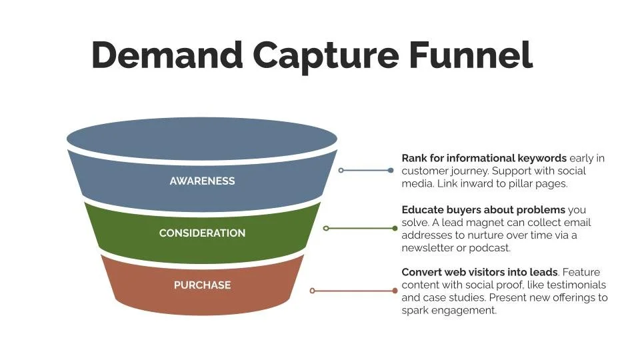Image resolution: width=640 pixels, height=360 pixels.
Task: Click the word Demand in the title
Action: click(x=167, y=55)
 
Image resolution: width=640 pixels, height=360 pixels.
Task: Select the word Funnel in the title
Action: click(x=471, y=55)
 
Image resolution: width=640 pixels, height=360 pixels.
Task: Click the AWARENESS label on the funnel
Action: click(x=202, y=181)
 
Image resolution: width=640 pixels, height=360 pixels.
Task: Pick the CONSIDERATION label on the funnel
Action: click(x=202, y=233)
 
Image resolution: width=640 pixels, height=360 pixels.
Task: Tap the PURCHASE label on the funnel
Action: click(x=202, y=285)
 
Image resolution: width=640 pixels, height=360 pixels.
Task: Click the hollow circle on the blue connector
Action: click(x=341, y=171)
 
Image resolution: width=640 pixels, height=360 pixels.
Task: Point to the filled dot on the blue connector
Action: click(x=391, y=171)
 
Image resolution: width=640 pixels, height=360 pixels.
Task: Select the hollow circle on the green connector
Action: click(x=326, y=228)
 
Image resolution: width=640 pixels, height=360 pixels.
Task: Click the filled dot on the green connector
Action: click(x=395, y=228)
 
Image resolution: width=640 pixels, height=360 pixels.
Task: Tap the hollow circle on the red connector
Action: click(x=312, y=291)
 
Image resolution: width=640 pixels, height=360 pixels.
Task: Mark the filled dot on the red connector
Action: click(x=395, y=291)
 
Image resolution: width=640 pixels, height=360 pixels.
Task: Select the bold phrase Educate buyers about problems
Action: click(x=483, y=210)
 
